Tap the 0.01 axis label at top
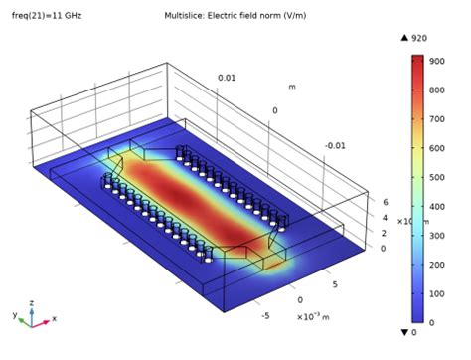[x=228, y=77]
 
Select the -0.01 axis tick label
[x=336, y=145]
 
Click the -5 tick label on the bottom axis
[x=265, y=316]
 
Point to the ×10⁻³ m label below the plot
[x=316, y=316]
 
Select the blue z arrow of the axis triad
[x=31, y=302]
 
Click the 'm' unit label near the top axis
[x=291, y=87]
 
